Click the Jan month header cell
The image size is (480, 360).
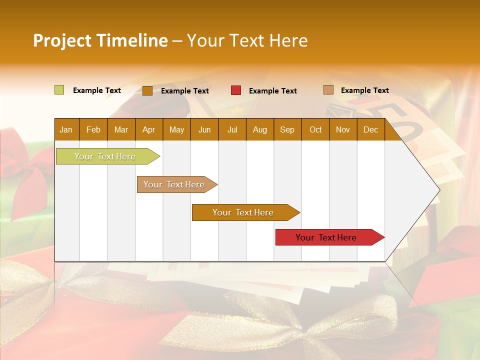[66, 129]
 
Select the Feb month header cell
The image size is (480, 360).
[93, 129]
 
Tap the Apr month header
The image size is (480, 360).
[149, 129]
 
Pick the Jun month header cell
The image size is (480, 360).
[204, 129]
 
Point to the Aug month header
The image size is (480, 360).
[260, 129]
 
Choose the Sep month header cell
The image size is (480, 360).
[287, 129]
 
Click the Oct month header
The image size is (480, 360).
[315, 129]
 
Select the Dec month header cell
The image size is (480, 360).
[371, 129]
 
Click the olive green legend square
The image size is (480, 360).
[59, 90]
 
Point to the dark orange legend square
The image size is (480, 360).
[147, 90]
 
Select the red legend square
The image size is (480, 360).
[236, 90]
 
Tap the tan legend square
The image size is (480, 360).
[328, 90]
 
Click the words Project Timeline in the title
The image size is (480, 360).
[100, 40]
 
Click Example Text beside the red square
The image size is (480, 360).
[273, 90]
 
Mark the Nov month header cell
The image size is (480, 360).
[343, 129]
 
